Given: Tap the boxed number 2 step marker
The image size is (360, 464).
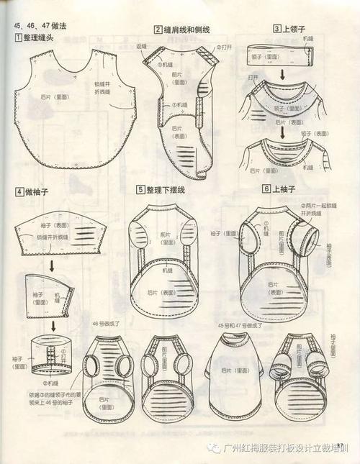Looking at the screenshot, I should tap(157, 29).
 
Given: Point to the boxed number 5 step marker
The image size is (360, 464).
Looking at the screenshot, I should tap(140, 189).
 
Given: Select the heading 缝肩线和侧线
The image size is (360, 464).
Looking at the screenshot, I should tap(186, 29).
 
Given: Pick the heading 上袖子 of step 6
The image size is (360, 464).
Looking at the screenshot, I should tap(287, 188).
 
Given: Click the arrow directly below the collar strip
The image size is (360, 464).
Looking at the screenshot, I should tap(282, 74).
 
